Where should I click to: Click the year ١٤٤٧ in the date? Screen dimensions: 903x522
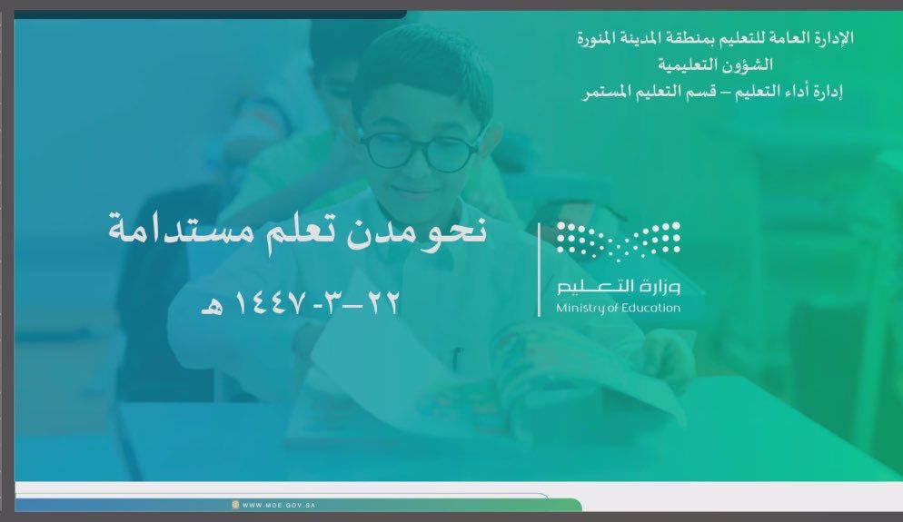pos(268,303)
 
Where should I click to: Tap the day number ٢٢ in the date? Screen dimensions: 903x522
pos(382,302)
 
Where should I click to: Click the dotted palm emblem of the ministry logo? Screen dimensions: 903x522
pos(618,239)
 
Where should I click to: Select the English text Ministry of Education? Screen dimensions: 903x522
pos(618,309)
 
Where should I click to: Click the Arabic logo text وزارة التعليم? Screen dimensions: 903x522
pos(618,286)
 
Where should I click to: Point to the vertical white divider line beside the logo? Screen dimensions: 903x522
pos(539,270)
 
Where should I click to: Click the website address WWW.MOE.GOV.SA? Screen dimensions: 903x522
pos(279,506)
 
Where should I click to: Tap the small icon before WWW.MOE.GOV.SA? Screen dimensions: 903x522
pos(235,505)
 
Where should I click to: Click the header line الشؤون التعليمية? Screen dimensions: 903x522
pos(715,65)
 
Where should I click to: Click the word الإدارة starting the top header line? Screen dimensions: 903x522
pos(833,38)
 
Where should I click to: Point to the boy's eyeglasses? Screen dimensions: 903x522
pos(419,151)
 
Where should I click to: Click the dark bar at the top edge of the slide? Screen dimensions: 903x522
pos(210,15)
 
